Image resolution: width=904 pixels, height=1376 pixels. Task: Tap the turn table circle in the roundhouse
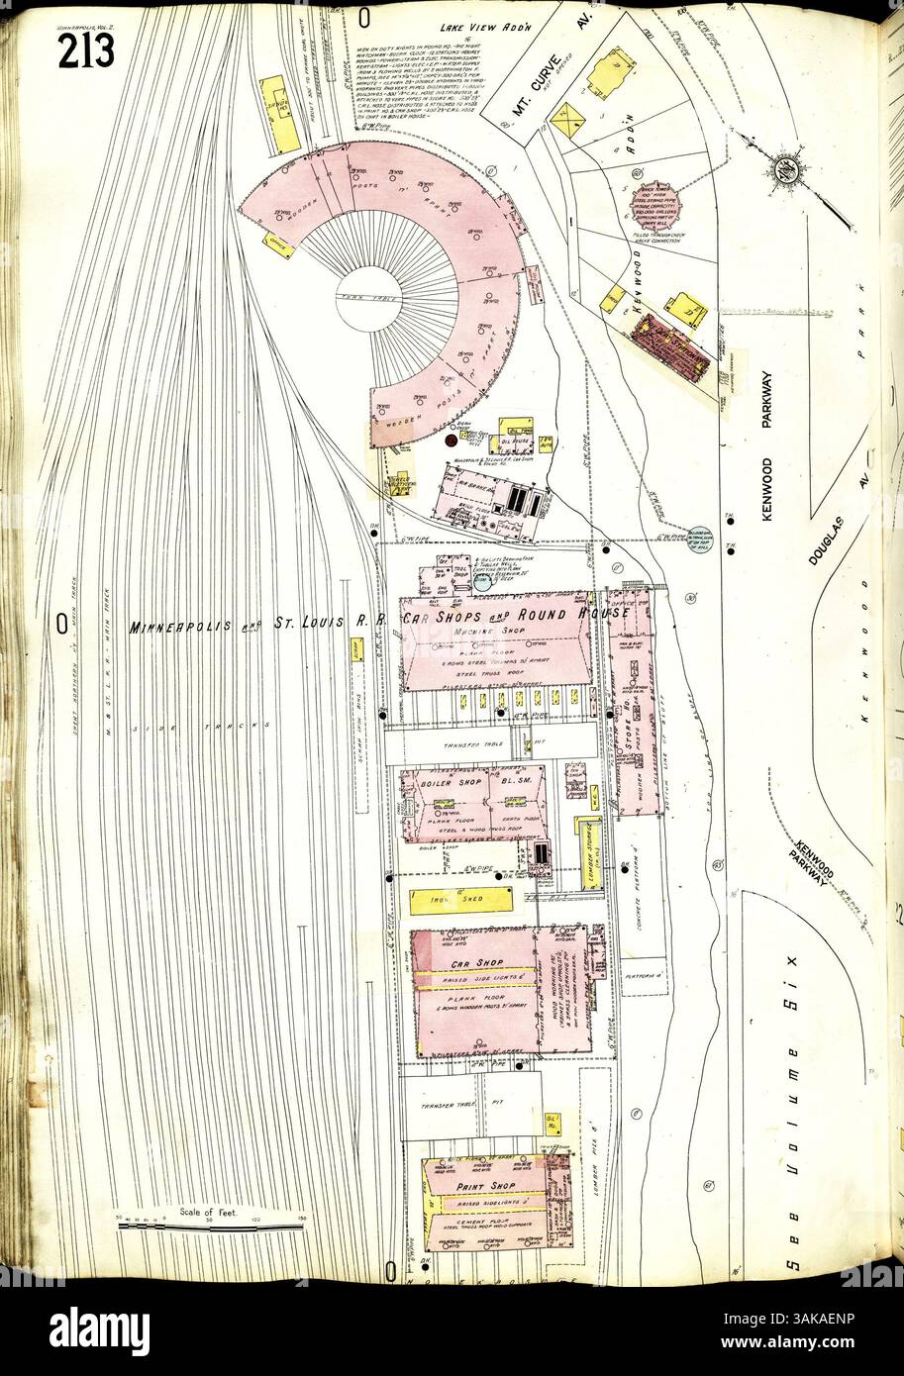coord(367,298)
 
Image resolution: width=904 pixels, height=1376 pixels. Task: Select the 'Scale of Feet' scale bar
coord(210,1226)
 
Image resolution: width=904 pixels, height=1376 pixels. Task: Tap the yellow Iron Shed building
coord(460,899)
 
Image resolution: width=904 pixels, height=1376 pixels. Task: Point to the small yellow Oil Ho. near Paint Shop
coord(552,1124)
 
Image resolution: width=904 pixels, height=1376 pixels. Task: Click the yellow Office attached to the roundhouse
coord(278,244)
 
